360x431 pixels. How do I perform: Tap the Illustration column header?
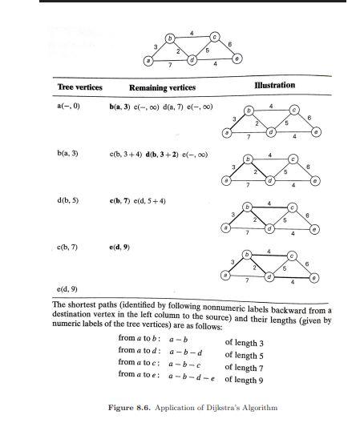(x=274, y=85)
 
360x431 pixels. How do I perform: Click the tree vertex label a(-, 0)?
(x=70, y=105)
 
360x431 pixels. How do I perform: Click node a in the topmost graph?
(x=147, y=61)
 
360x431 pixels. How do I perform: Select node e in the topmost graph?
(x=236, y=58)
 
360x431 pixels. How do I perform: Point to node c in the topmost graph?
(x=214, y=37)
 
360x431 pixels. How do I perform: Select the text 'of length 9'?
(x=245, y=379)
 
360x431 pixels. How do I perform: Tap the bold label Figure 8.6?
(x=130, y=408)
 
